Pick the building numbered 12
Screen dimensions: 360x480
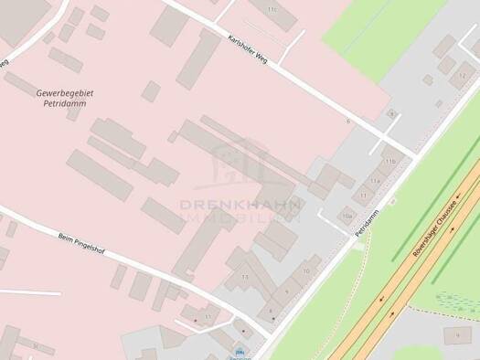click(x=461, y=78)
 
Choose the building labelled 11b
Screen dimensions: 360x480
click(x=391, y=161)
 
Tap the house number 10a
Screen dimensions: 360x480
click(x=346, y=217)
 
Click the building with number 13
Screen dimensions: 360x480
click(x=244, y=276)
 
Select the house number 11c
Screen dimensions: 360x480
click(x=272, y=9)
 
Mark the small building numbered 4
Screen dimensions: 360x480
click(x=392, y=114)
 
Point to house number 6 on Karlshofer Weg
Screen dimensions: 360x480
click(x=347, y=121)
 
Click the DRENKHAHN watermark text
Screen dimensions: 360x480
click(x=240, y=206)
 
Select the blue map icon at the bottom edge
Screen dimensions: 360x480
click(x=240, y=352)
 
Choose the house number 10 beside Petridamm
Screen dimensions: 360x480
click(x=305, y=271)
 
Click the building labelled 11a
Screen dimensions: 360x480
click(x=375, y=181)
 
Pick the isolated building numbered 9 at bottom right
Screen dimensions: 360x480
click(x=456, y=336)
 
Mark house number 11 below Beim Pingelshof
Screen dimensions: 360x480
click(x=208, y=317)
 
